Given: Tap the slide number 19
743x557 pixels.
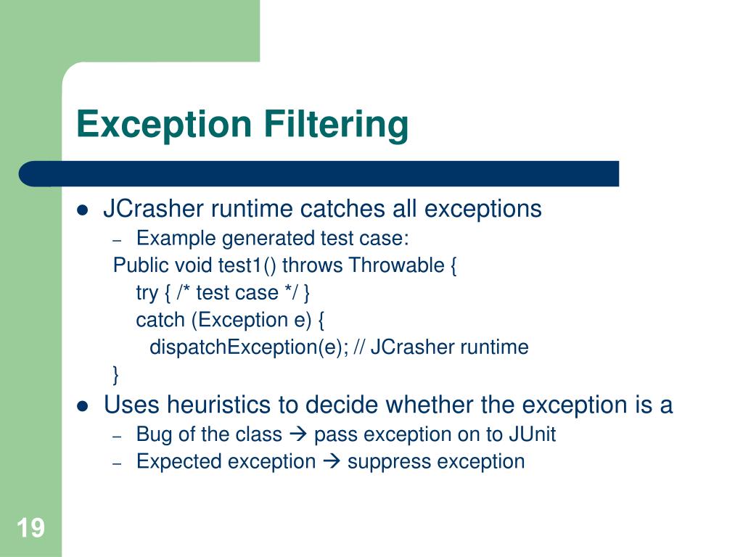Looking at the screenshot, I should (x=30, y=527).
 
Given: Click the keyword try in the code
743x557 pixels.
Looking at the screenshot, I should (x=147, y=293).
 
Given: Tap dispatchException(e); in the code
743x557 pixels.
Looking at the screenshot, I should (x=249, y=347).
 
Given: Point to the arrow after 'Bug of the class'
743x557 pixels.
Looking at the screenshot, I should (x=298, y=435).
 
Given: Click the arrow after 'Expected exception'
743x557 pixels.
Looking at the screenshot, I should (x=332, y=462).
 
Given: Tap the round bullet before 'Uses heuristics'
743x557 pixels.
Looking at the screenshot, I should (x=83, y=406).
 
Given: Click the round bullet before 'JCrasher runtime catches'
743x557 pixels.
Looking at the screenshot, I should (x=83, y=210).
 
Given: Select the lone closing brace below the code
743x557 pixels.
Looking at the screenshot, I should (x=116, y=374).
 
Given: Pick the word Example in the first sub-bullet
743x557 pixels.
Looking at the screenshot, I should (x=176, y=238).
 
